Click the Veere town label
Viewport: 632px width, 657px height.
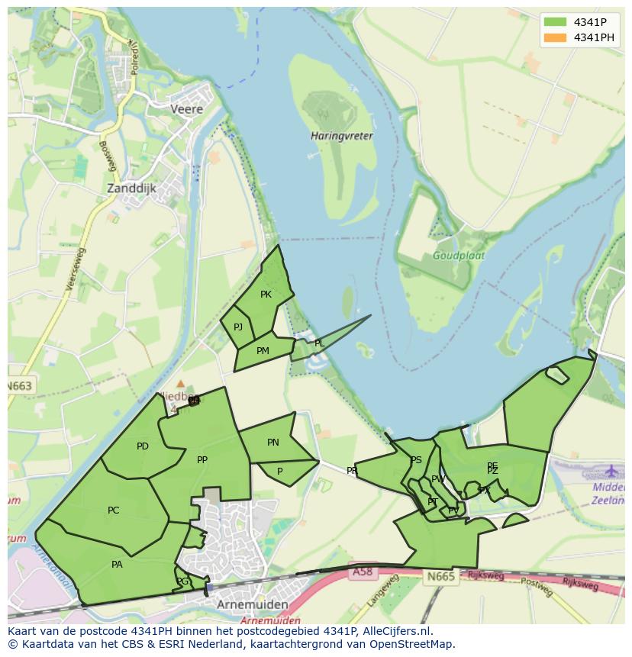(x=187, y=109)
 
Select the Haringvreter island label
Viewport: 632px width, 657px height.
(x=342, y=136)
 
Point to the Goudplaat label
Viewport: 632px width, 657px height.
(x=459, y=256)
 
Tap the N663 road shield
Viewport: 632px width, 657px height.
(x=20, y=386)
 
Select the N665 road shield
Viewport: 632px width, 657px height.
(x=441, y=576)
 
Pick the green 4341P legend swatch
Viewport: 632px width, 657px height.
(x=555, y=22)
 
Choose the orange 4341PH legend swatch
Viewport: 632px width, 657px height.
(x=555, y=37)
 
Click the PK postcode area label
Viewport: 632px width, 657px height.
(x=266, y=295)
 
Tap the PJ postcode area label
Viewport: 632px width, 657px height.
(x=238, y=327)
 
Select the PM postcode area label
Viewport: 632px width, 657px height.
(x=263, y=351)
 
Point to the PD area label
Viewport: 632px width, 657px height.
(x=143, y=446)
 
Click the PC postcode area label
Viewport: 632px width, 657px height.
(x=113, y=510)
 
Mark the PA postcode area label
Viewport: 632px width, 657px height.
(x=117, y=565)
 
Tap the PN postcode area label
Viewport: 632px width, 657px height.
(x=273, y=443)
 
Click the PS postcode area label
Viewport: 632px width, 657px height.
(x=416, y=460)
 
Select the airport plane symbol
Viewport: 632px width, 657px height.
(x=611, y=470)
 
